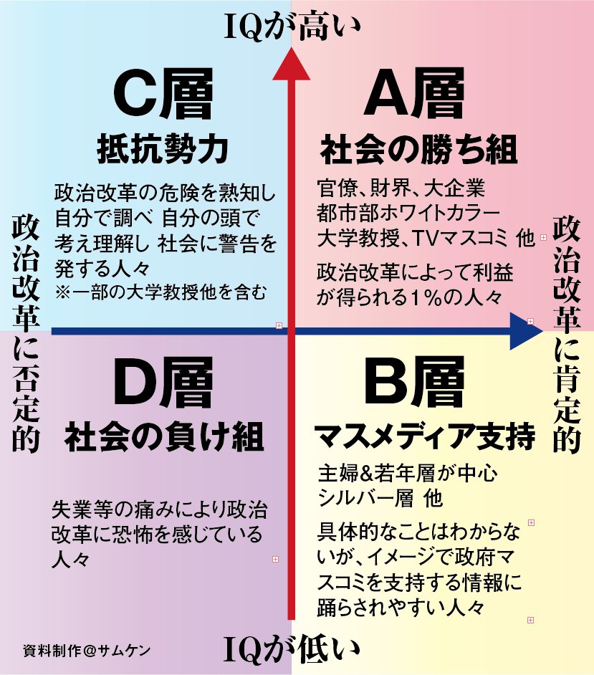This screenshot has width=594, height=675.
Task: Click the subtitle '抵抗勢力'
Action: [x=163, y=150]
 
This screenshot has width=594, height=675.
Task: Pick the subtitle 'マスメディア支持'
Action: [x=426, y=436]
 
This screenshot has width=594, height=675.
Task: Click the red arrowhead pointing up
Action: [x=291, y=64]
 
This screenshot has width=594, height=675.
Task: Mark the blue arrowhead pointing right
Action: [x=525, y=331]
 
